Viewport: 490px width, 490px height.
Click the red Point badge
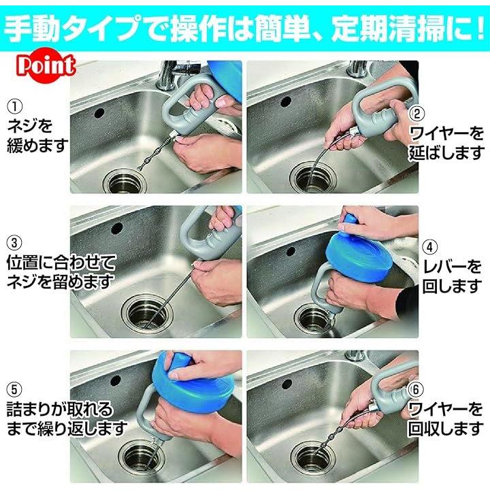(46, 65)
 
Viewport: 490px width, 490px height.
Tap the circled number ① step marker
(15, 107)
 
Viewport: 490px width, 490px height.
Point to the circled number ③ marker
(14, 243)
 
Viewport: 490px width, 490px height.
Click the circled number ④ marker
(430, 247)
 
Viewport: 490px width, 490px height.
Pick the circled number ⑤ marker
(14, 390)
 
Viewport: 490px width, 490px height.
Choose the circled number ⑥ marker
(416, 389)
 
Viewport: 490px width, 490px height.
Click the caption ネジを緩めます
(37, 135)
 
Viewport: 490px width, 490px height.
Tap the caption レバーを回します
(452, 276)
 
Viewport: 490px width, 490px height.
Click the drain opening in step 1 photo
(125, 181)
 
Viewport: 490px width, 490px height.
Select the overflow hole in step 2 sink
(286, 101)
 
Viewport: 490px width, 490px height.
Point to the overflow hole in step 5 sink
(116, 380)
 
